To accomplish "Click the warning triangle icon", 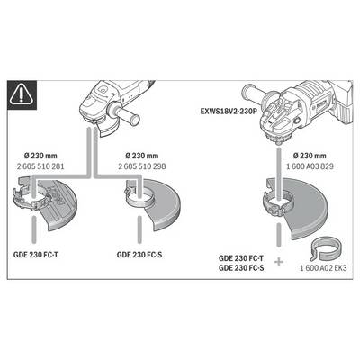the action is [x=22, y=95].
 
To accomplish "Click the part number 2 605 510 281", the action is [x=40, y=166].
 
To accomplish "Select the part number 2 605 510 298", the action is [x=142, y=166].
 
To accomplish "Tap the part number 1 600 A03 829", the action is [x=310, y=166].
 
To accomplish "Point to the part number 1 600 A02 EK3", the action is [x=323, y=268].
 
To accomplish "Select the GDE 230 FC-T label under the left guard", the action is [x=36, y=255].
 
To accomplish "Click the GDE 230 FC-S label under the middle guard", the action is [x=139, y=255].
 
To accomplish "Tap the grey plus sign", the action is [x=279, y=262].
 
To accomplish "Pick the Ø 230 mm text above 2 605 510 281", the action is [x=40, y=156].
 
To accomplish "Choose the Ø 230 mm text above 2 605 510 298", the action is [x=142, y=156].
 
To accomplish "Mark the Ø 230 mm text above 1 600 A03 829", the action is [x=310, y=156].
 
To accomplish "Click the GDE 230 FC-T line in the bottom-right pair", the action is [x=241, y=258].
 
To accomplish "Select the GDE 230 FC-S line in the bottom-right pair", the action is [x=241, y=268].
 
